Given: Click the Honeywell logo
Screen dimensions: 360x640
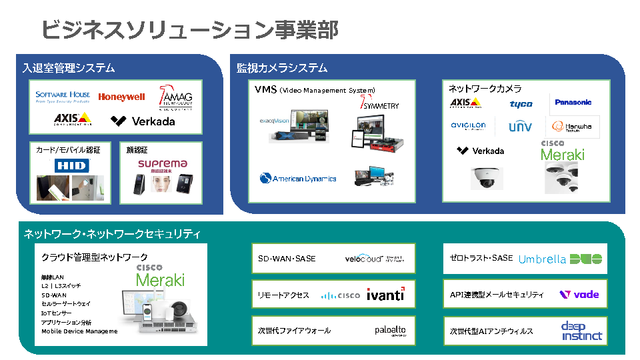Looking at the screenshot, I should pyautogui.click(x=121, y=97).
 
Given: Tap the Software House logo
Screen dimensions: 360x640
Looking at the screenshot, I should pyautogui.click(x=62, y=96).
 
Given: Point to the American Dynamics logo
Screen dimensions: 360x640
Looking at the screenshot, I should pyautogui.click(x=298, y=178).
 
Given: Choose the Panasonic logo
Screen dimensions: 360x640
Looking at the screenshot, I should pyautogui.click(x=573, y=102).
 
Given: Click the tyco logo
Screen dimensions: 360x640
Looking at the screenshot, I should pyautogui.click(x=521, y=104).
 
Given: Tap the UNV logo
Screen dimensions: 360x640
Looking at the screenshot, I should pyautogui.click(x=521, y=126).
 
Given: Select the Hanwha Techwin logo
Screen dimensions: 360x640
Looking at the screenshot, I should pyautogui.click(x=573, y=127).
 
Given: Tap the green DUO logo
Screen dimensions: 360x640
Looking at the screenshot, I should pyautogui.click(x=587, y=259).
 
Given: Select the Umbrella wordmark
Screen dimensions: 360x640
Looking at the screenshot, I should pyautogui.click(x=542, y=259).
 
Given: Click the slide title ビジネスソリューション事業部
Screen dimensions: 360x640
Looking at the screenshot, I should pyautogui.click(x=189, y=30).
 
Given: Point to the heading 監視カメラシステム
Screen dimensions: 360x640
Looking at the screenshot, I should pyautogui.click(x=282, y=68).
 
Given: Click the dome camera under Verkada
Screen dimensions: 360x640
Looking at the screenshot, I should pyautogui.click(x=487, y=177).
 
